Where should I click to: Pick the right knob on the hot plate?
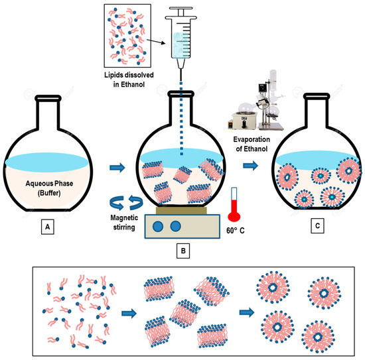pyautogui.click(x=176, y=225)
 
